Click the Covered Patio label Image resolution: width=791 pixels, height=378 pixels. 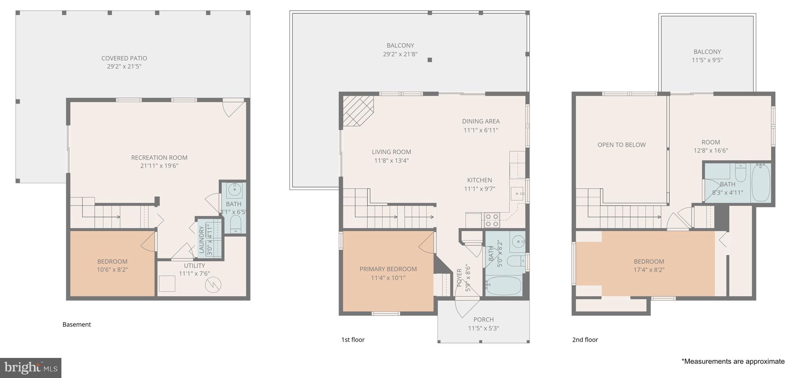[124, 58]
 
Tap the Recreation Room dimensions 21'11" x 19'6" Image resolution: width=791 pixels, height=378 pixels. [159, 166]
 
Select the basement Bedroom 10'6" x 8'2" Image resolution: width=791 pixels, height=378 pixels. [112, 265]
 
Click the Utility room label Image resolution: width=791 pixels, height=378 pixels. [194, 266]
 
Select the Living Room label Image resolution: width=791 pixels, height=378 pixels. [391, 152]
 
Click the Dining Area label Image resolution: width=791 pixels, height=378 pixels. [480, 121]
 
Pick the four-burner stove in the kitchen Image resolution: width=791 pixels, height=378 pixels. [492, 220]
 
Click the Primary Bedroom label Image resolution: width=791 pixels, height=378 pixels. [388, 269]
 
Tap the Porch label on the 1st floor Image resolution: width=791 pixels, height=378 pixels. [484, 320]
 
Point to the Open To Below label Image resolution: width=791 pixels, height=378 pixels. [621, 145]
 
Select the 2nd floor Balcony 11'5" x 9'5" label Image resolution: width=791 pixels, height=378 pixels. [707, 56]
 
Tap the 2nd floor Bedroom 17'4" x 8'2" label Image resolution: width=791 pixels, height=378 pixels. [648, 266]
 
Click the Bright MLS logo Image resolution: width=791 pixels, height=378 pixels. [31, 367]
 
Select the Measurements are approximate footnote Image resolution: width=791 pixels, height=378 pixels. [733, 361]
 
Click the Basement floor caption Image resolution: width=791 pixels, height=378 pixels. [76, 325]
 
